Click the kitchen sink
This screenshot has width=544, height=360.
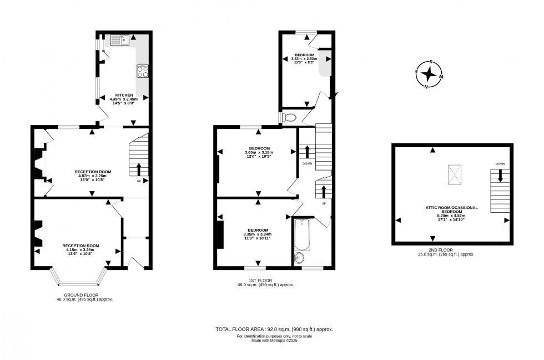119,39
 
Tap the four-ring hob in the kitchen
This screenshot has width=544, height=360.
142,71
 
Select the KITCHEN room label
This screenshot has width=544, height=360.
124,95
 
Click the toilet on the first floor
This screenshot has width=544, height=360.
288,117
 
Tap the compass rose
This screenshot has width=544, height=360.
430,74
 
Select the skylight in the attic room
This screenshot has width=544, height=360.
455,175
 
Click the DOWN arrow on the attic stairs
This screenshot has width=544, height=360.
500,176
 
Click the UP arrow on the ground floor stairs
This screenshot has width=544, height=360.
139,169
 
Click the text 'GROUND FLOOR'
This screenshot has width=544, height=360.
81,295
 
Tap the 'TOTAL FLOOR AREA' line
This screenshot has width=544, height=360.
274,329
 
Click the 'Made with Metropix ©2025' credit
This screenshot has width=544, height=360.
274,340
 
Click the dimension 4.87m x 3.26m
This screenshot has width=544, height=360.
93,176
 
